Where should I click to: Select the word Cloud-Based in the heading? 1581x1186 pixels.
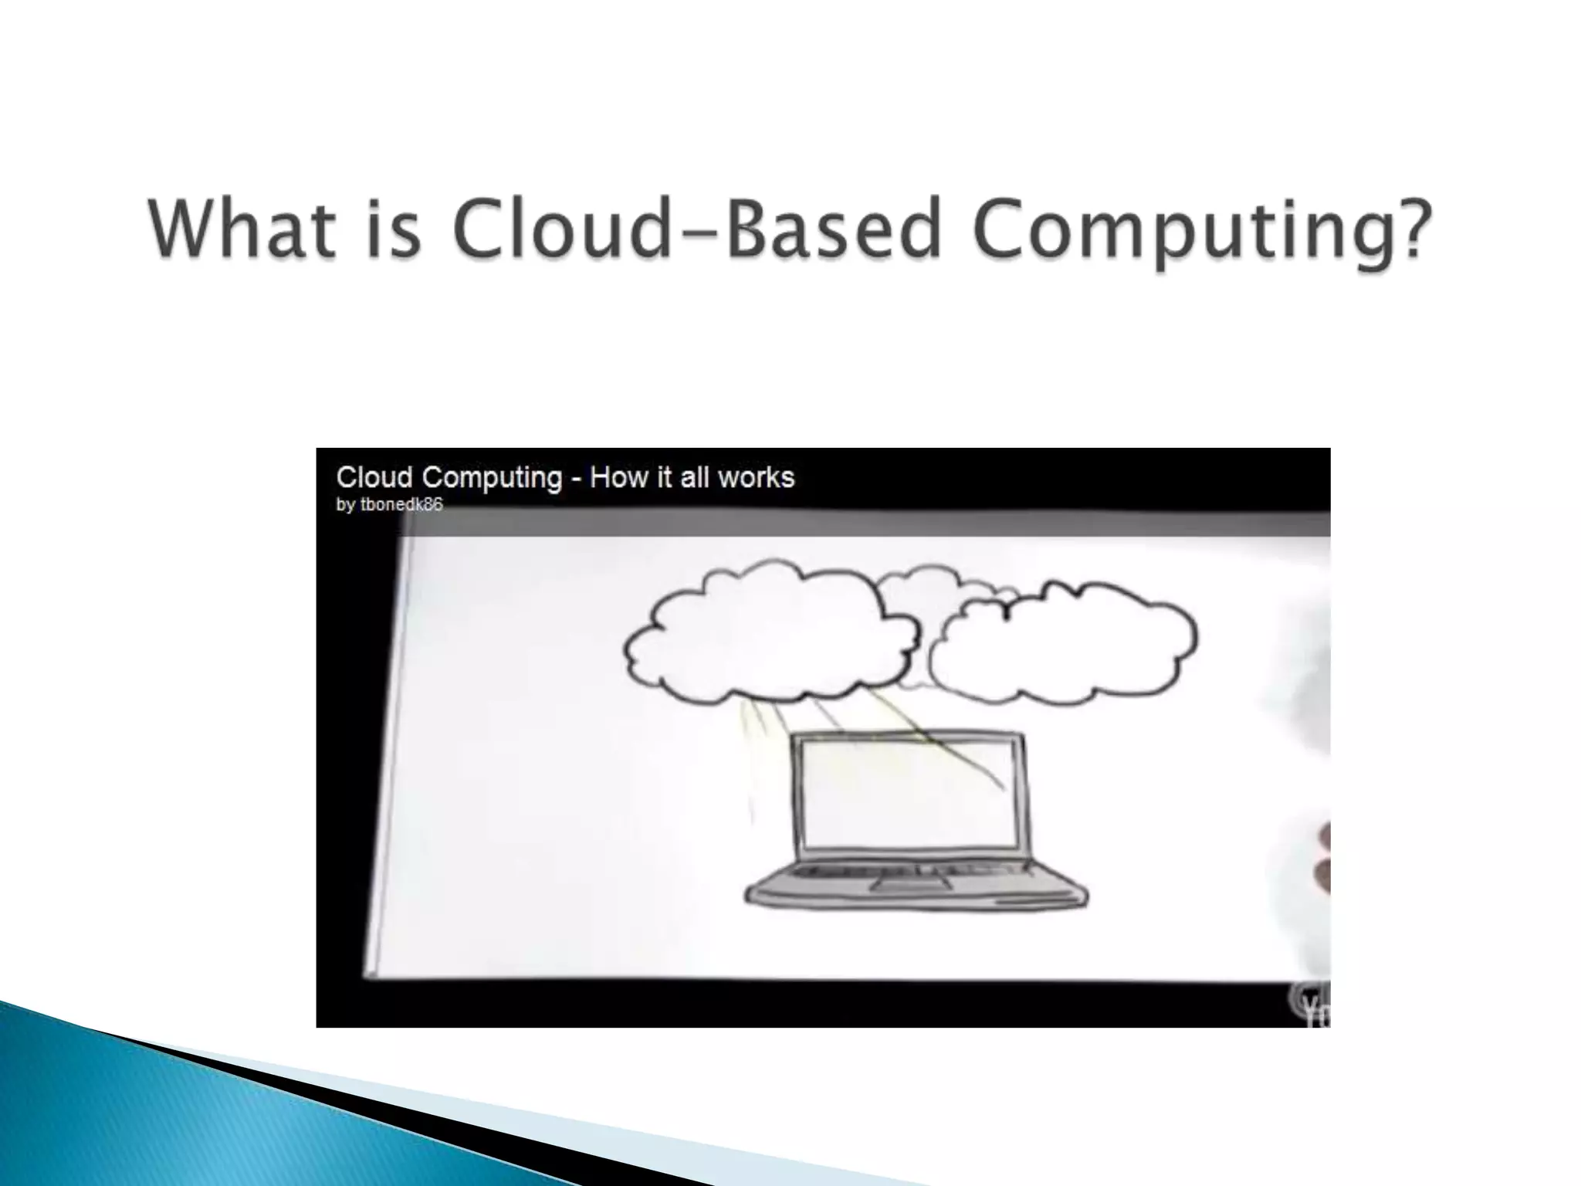(696, 230)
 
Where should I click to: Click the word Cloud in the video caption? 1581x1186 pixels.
(374, 477)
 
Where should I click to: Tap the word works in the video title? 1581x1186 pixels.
(756, 477)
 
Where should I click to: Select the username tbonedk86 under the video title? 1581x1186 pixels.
(401, 505)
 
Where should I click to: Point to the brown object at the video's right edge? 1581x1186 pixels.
(1322, 857)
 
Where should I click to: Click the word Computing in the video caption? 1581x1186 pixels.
(492, 479)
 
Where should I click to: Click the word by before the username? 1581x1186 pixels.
(345, 506)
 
